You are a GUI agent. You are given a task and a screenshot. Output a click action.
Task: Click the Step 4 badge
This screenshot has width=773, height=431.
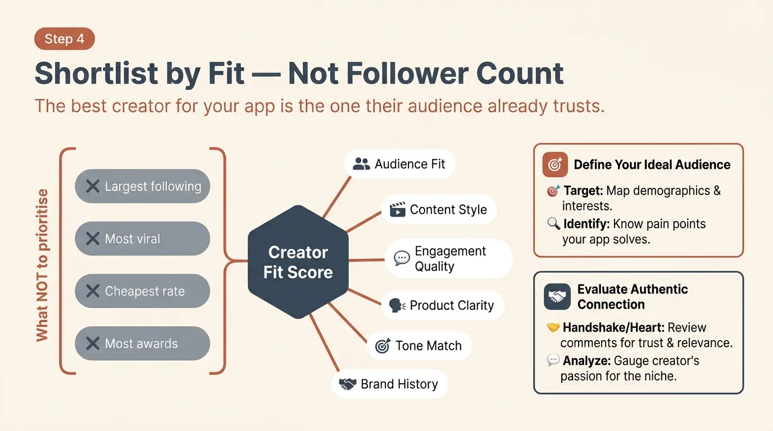(64, 39)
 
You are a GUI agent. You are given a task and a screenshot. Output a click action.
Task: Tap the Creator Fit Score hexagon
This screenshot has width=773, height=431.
(298, 262)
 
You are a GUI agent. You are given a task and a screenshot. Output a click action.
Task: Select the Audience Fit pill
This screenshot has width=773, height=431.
(399, 164)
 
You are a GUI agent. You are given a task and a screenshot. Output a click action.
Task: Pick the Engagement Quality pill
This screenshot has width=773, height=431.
(448, 259)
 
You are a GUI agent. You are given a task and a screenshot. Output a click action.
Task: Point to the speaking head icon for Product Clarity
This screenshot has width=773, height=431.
(397, 306)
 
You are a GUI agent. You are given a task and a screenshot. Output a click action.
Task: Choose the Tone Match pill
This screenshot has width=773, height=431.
(419, 346)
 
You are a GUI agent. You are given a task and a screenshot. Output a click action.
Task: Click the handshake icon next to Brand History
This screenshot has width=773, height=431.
(348, 384)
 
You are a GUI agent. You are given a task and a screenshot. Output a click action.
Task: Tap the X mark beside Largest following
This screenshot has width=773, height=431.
(93, 186)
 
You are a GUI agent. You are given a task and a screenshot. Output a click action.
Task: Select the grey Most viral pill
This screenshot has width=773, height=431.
(142, 239)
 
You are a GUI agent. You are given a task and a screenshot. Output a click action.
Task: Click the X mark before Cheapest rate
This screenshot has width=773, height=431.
(93, 291)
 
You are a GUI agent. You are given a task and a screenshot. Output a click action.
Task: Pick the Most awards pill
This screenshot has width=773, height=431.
(142, 343)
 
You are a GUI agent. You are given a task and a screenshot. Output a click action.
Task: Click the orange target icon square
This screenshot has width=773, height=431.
(555, 164)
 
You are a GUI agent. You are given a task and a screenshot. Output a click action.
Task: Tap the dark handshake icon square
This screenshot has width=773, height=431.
(557, 297)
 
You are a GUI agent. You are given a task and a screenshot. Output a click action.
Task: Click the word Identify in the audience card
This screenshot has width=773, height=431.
(586, 224)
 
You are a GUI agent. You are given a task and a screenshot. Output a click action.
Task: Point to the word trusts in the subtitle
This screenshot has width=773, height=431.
(580, 106)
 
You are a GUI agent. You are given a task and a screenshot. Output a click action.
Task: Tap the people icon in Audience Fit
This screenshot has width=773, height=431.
(362, 164)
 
